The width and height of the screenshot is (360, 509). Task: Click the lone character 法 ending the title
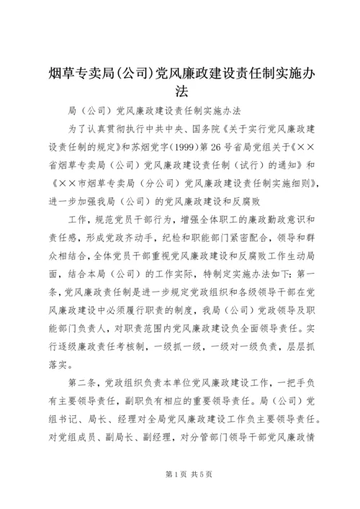pos(180,91)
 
